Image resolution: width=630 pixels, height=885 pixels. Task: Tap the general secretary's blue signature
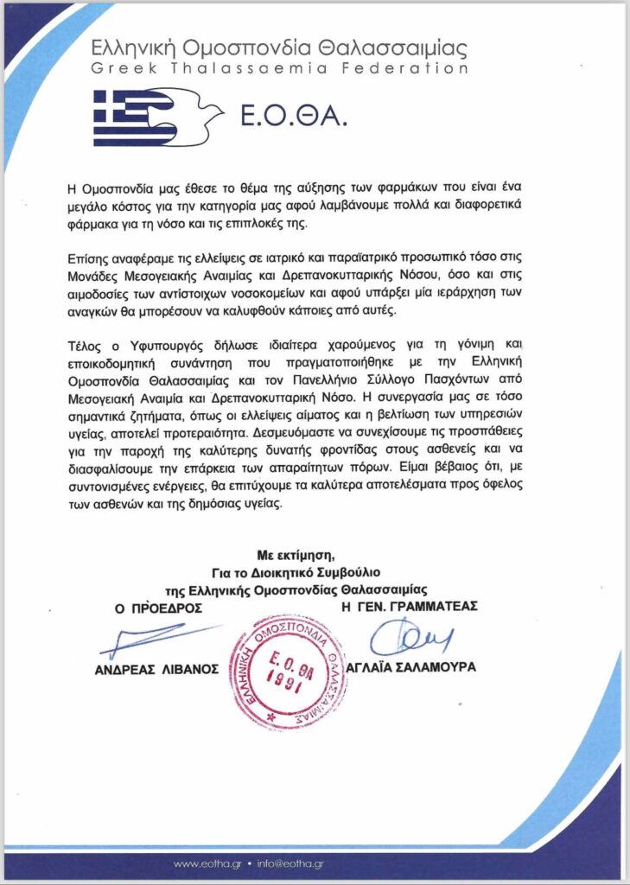point(406,640)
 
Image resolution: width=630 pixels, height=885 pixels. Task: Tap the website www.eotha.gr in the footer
point(207,863)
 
